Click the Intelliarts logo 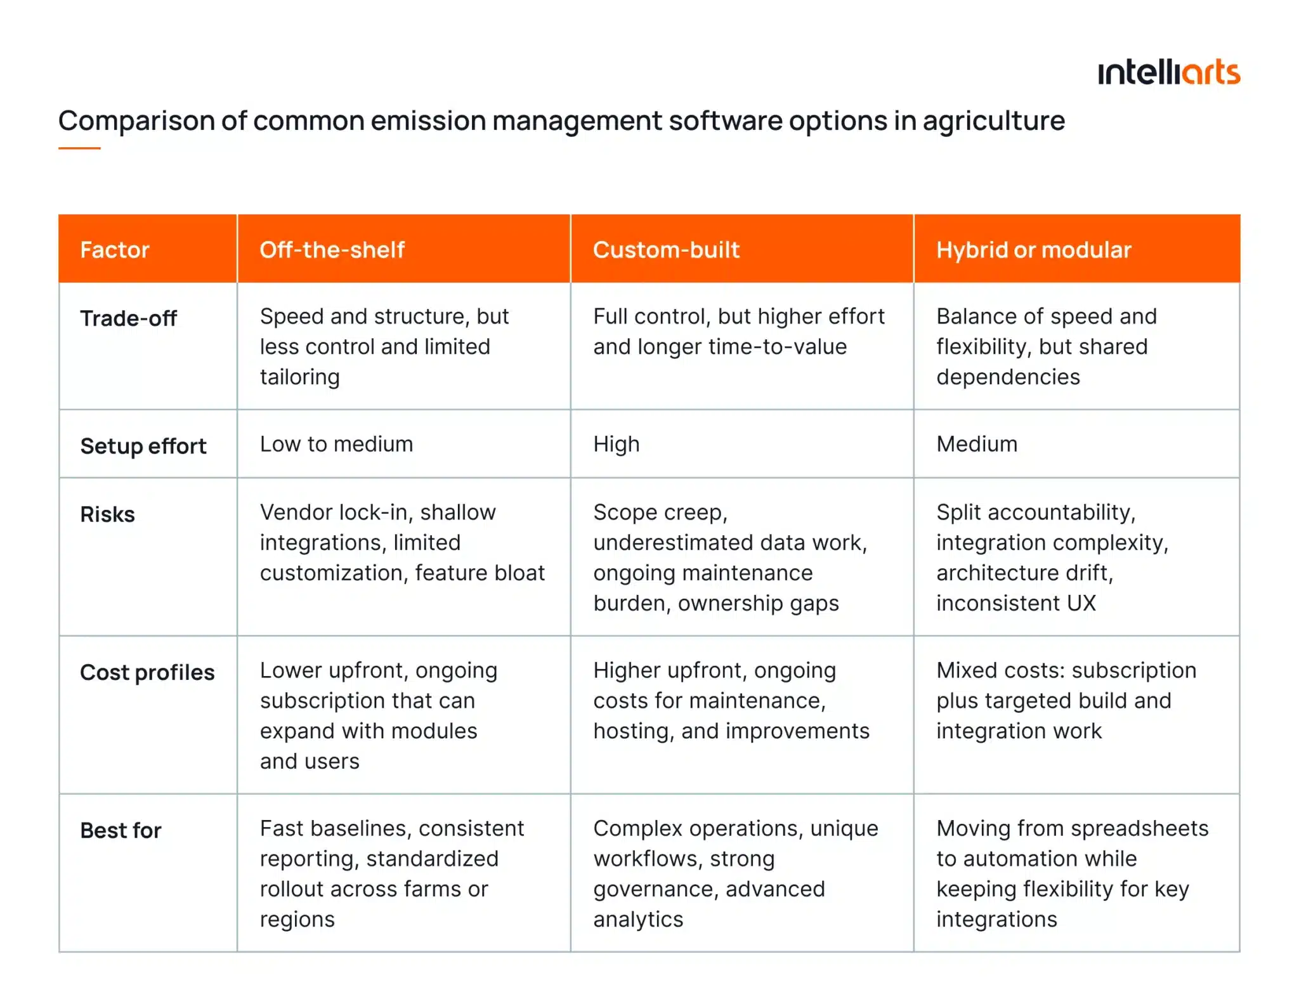(1168, 73)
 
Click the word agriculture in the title (993, 120)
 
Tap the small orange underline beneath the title (79, 148)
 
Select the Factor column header (115, 250)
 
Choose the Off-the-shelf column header (332, 250)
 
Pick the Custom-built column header (666, 250)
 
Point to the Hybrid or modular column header (1033, 250)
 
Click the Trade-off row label (128, 318)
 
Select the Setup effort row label (143, 446)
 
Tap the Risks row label (107, 514)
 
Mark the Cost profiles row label (147, 672)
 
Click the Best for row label (121, 830)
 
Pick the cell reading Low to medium (336, 444)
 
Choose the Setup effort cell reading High (616, 444)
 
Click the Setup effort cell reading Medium (976, 444)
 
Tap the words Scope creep (660, 512)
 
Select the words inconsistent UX (1015, 603)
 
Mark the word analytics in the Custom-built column (638, 919)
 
